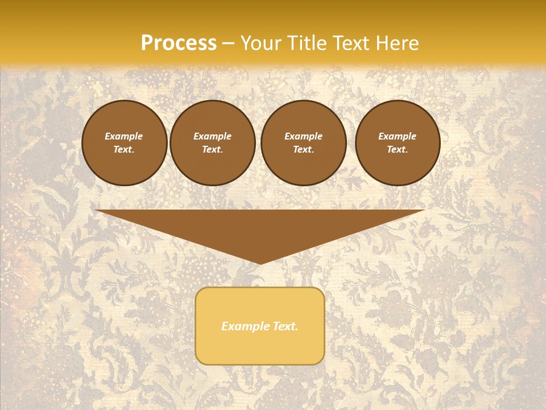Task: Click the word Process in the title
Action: click(x=179, y=43)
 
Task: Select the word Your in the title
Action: click(x=260, y=43)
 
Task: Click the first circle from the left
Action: click(x=125, y=143)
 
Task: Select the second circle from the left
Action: click(x=213, y=143)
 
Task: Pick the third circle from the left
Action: click(x=304, y=143)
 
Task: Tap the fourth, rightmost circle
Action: click(x=398, y=143)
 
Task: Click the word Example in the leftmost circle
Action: click(x=124, y=136)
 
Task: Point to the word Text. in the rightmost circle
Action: click(x=398, y=150)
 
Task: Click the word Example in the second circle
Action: click(x=213, y=136)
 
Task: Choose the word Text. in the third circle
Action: click(x=304, y=150)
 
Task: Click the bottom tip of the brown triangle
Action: click(x=260, y=263)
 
